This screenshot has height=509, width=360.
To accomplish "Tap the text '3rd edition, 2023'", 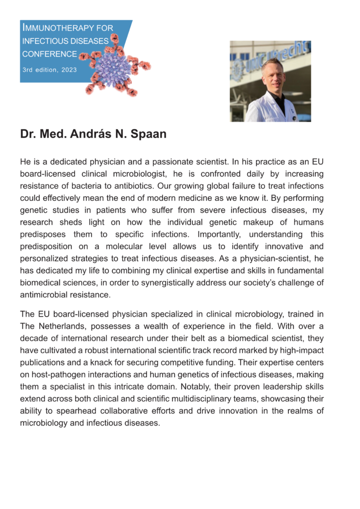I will pos(50,70).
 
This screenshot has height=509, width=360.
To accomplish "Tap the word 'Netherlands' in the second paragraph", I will pos(59,327).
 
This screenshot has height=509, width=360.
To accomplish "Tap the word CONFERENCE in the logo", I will pos(49,54).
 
